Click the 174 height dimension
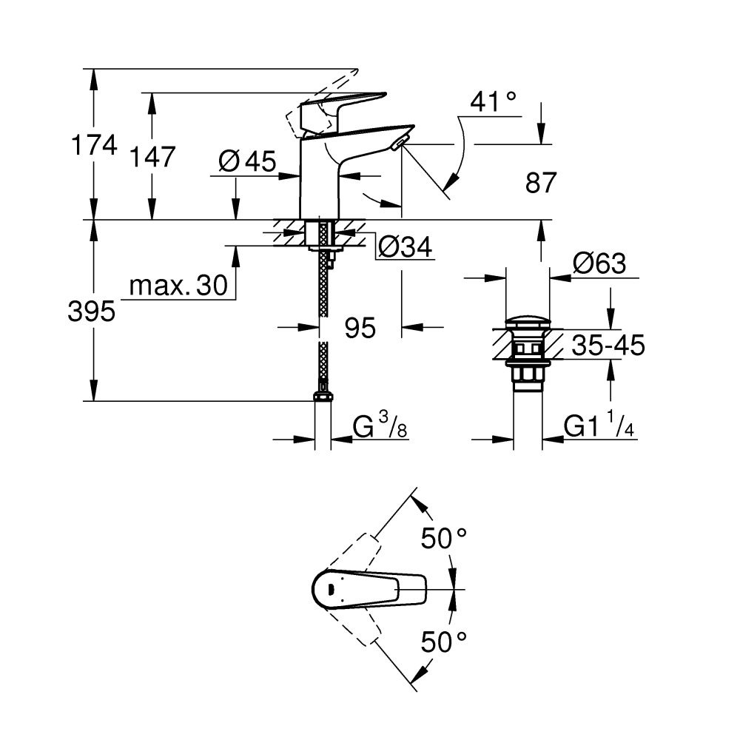pos(93,145)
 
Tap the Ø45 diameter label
pos(247,160)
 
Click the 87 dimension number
pos(540,183)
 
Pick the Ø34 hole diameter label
pos(404,246)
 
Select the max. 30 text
pos(178,286)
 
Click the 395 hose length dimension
pos(92,312)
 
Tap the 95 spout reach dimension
pos(360,327)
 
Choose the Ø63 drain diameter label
pos(599,263)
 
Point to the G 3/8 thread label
pos(379,428)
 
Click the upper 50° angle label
pos(444,538)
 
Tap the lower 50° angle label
pos(444,641)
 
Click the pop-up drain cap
pos(528,324)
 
